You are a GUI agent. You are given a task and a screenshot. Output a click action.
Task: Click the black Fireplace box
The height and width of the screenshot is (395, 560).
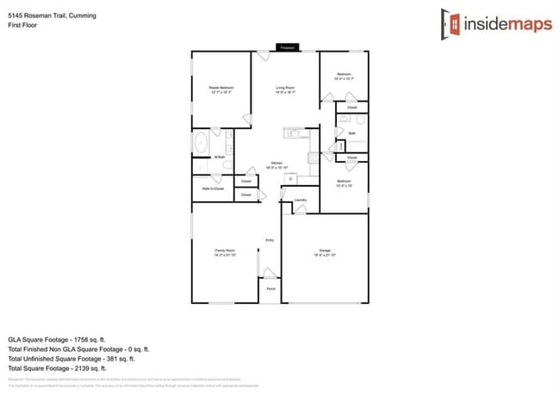(287, 47)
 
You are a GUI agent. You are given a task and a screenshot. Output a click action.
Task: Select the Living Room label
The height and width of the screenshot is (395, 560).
(285, 89)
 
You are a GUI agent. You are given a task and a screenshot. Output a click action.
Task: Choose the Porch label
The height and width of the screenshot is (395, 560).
(271, 289)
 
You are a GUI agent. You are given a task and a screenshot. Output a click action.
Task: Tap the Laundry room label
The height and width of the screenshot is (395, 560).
(300, 201)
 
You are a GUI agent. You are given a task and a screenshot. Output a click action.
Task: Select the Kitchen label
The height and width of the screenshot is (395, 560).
(277, 164)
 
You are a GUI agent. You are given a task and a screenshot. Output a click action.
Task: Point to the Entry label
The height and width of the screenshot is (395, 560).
(270, 239)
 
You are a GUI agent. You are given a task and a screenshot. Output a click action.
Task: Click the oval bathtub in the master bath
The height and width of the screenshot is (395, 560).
(200, 142)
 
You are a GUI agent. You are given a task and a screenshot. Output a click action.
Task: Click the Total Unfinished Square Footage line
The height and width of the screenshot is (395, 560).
(78, 359)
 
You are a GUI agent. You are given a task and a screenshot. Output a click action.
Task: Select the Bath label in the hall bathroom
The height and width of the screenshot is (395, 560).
(352, 133)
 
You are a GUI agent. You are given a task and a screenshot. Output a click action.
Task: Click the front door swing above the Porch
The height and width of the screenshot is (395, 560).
(269, 274)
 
